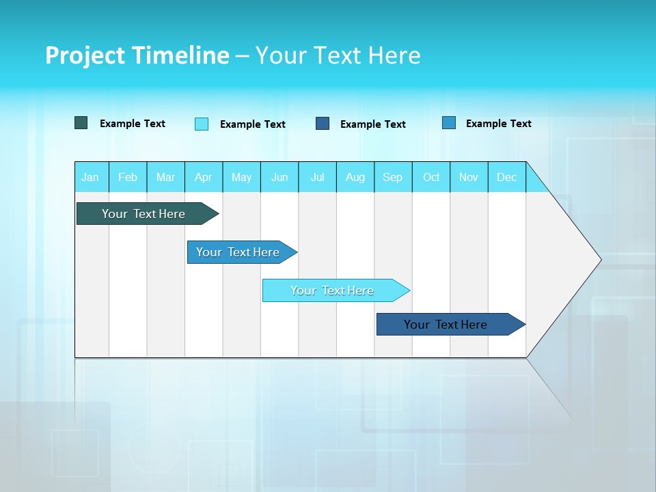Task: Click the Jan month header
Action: pyautogui.click(x=90, y=177)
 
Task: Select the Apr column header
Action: pyautogui.click(x=204, y=177)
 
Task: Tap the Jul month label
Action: pyautogui.click(x=317, y=177)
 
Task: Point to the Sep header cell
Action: pyautogui.click(x=392, y=177)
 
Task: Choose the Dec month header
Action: pyautogui.click(x=506, y=177)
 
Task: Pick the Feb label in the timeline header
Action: pyautogui.click(x=128, y=177)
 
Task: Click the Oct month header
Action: pyautogui.click(x=431, y=177)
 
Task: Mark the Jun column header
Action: pyautogui.click(x=279, y=177)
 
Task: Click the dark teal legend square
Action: pyautogui.click(x=81, y=123)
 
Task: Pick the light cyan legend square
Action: pyautogui.click(x=202, y=124)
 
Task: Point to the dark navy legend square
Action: pyautogui.click(x=323, y=124)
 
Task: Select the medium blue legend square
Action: pyautogui.click(x=449, y=123)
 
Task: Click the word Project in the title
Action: pyautogui.click(x=85, y=55)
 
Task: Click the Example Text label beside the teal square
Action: pyautogui.click(x=133, y=124)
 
